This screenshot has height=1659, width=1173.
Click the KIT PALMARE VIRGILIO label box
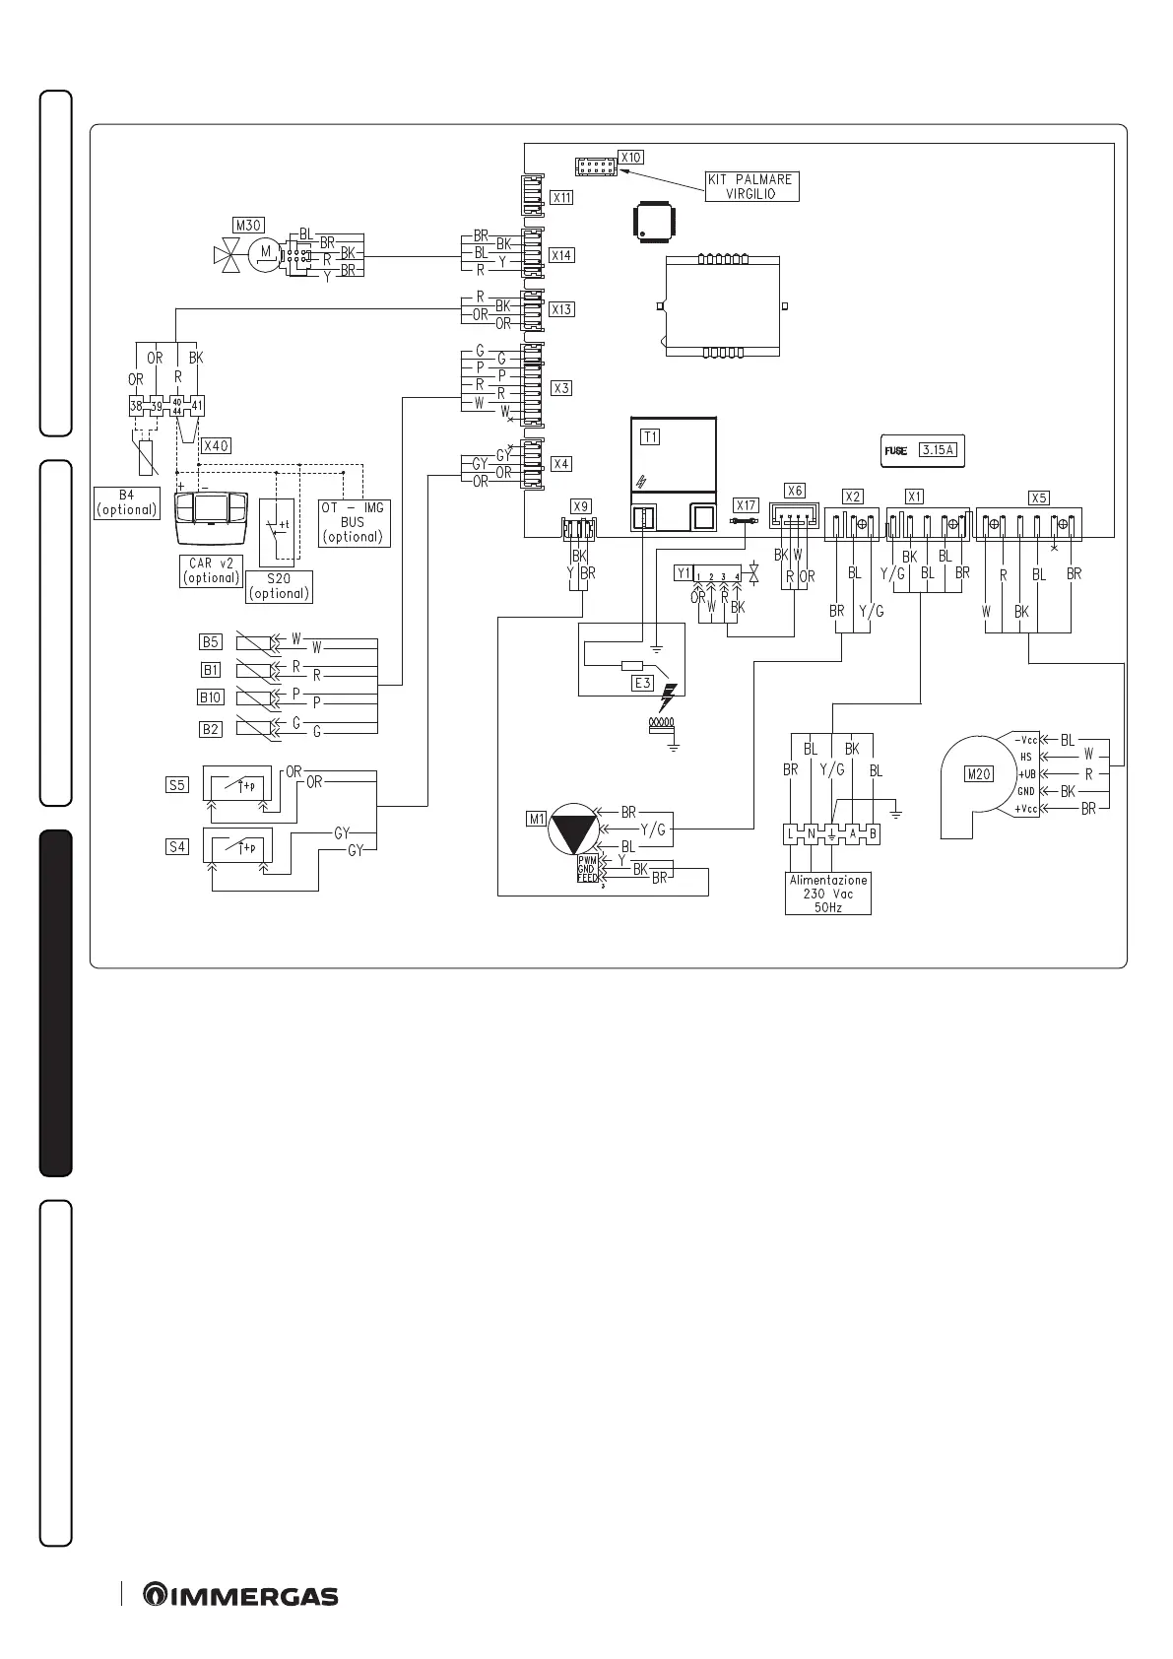coord(751,186)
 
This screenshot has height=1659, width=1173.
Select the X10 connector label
coord(630,157)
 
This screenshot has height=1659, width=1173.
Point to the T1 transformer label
coord(650,436)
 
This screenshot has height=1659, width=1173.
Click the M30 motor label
coord(248,225)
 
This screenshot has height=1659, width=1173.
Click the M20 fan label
coord(978,774)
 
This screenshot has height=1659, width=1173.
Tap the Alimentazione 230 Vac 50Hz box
coord(827,894)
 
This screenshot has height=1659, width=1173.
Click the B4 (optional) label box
coord(126,502)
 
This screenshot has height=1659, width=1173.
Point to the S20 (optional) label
coord(279,586)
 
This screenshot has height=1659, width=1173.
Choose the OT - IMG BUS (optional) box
coord(353,522)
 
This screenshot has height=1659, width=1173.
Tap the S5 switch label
coord(176,786)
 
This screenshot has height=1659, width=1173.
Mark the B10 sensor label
coord(211,697)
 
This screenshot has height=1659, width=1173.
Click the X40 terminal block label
coord(215,445)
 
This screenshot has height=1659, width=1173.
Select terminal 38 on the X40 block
coord(136,406)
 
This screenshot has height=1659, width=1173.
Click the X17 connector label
coord(746,505)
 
